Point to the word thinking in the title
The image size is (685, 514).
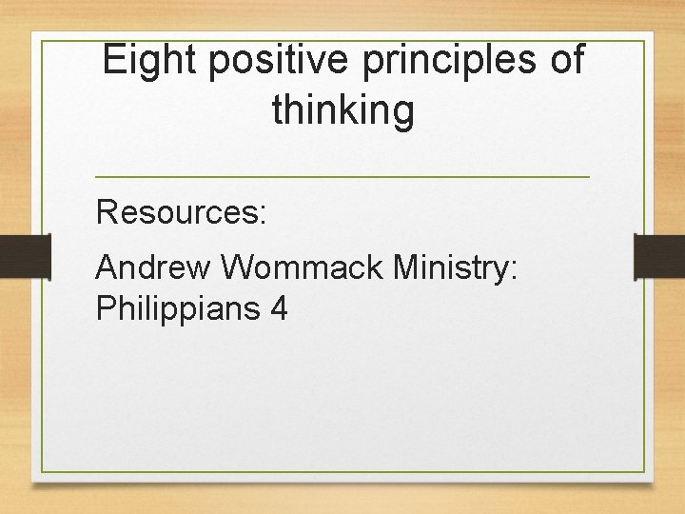coord(343,111)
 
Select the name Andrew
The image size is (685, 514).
coord(153,268)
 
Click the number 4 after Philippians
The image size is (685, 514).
coord(278,308)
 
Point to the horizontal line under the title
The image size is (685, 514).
coord(342,177)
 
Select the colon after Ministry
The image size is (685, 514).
coord(514,272)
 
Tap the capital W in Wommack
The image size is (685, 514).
coord(237,268)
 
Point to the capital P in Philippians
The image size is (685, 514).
coord(105,308)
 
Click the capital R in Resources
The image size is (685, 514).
coord(106,211)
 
